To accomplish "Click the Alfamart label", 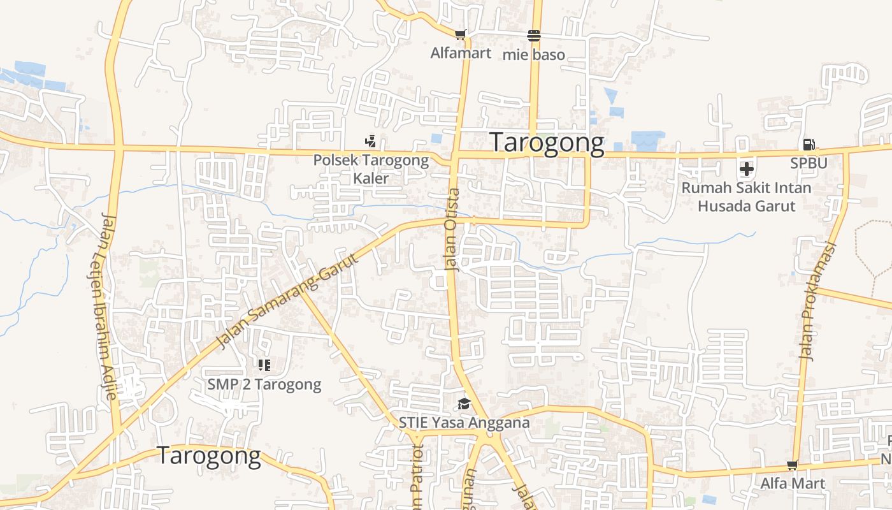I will click(x=461, y=53).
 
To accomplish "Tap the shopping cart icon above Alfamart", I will click(x=460, y=34).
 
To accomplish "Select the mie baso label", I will click(x=534, y=55).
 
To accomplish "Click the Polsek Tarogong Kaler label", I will click(x=371, y=169).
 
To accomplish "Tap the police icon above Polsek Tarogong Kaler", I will click(x=370, y=141).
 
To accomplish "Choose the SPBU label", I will click(x=809, y=163).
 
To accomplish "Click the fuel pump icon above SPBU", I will click(x=809, y=145).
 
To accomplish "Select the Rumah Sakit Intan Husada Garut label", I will click(x=747, y=197).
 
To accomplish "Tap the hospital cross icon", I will click(x=747, y=169).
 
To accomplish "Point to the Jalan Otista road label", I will click(x=453, y=229).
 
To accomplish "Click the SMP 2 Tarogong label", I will click(x=264, y=385).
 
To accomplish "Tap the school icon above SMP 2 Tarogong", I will click(x=264, y=365).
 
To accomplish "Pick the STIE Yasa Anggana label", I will click(x=464, y=423).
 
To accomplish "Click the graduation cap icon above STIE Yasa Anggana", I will click(x=464, y=404).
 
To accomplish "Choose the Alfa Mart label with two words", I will click(x=793, y=483).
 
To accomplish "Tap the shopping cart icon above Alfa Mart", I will click(x=793, y=465).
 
